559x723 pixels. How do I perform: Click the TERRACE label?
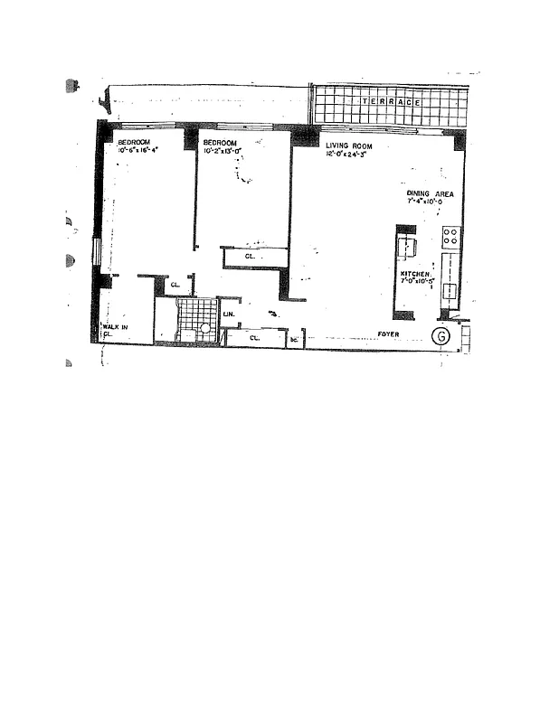coord(391,102)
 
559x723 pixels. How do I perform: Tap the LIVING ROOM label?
coord(349,145)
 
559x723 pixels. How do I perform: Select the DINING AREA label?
coord(435,194)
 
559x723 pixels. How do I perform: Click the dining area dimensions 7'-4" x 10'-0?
coord(434,203)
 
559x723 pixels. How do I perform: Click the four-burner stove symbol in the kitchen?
coord(450,237)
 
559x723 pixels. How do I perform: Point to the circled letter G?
coord(441,335)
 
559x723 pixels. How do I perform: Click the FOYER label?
coord(388,334)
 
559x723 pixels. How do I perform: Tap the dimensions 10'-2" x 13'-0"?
coord(223,152)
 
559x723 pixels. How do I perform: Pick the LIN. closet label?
coord(228,315)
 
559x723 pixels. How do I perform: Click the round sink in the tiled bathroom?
coord(205,329)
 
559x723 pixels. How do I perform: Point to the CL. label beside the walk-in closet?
coord(175,286)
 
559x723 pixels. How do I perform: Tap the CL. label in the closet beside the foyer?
coord(255,338)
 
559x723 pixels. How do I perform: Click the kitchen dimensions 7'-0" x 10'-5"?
coord(419,281)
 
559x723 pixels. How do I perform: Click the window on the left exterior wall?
coord(97,250)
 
